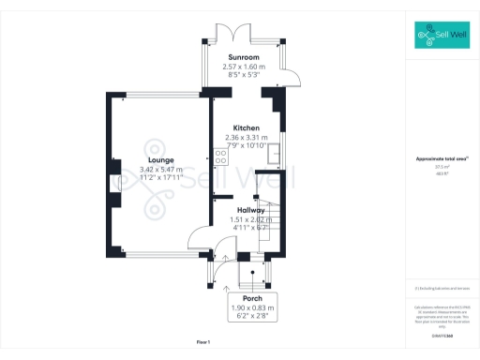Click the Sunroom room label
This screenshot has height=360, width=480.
click(x=244, y=57)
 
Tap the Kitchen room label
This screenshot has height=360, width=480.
click(x=246, y=127)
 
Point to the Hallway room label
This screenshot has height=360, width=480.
click(x=250, y=210)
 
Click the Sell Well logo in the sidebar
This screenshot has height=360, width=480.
click(x=441, y=37)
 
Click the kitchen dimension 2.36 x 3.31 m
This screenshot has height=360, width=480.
click(x=246, y=137)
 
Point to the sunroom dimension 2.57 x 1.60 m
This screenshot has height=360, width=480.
click(x=244, y=67)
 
